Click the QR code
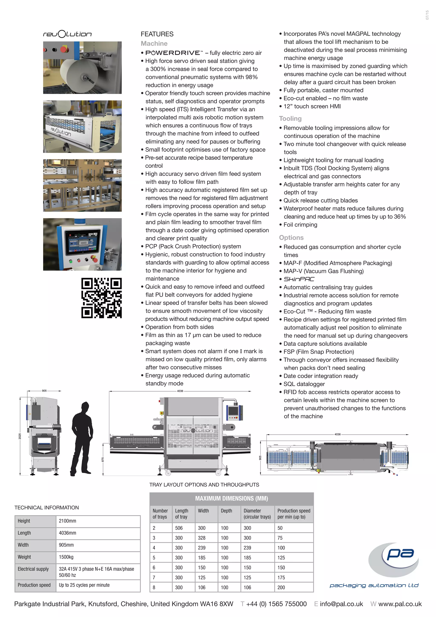click(x=102, y=298)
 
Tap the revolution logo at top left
click(x=67, y=34)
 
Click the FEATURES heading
click(x=157, y=34)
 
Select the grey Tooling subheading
click(x=290, y=118)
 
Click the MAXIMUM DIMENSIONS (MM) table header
click(x=231, y=499)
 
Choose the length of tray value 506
click(x=179, y=528)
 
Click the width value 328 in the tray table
click(x=202, y=538)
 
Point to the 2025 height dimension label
click(x=20, y=436)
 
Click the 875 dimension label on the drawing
click(x=103, y=460)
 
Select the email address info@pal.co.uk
click(x=341, y=604)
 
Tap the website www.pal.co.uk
click(x=400, y=604)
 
